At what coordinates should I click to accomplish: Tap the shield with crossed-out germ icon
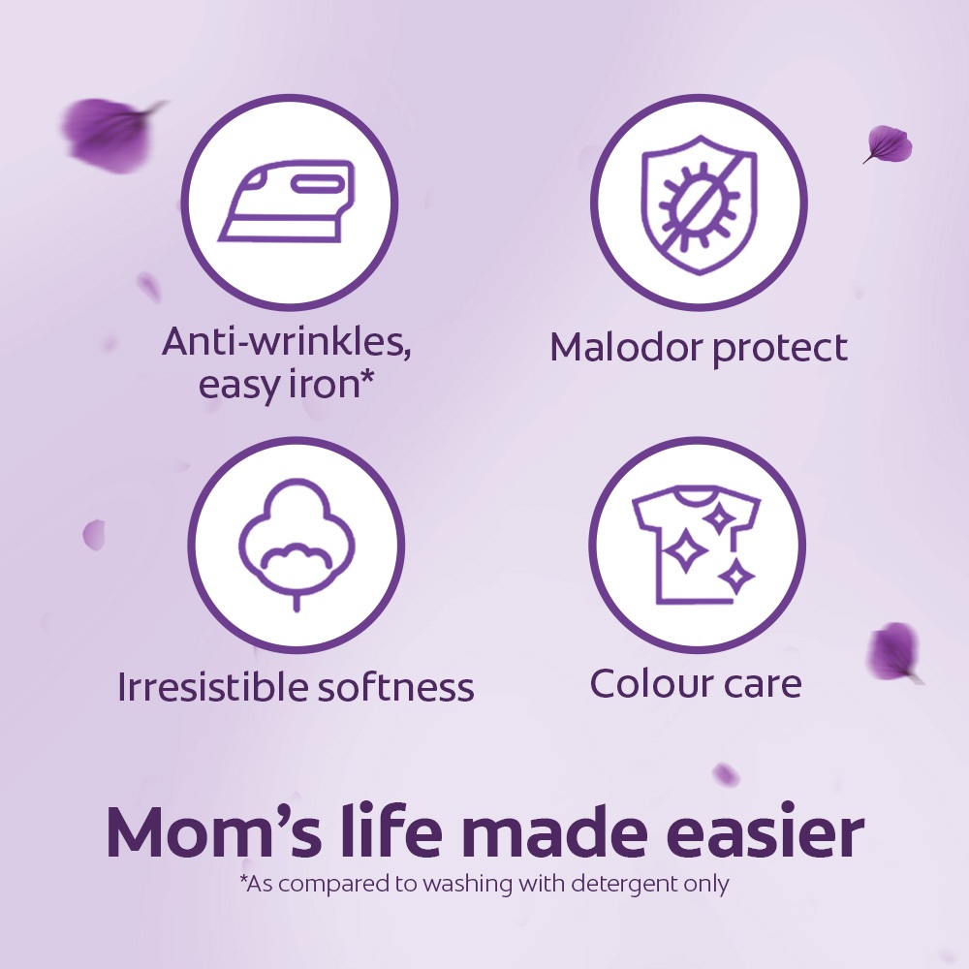699,204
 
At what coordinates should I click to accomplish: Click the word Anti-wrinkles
286,341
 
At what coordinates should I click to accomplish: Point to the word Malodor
627,347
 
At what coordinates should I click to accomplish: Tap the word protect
780,349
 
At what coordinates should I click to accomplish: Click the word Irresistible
213,686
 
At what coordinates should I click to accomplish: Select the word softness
395,686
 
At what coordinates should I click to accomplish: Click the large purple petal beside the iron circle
111,134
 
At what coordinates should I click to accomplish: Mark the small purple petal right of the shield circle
888,144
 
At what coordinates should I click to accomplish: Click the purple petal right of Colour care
894,652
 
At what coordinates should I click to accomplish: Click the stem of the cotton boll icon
297,600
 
